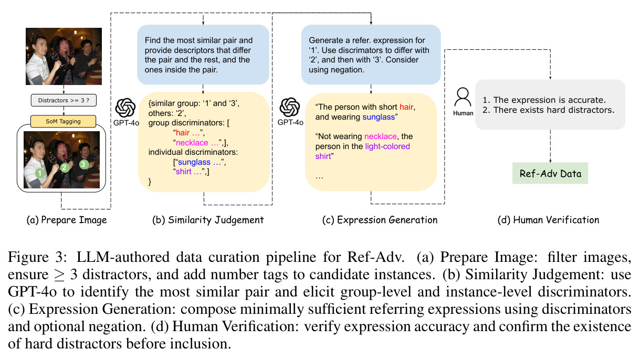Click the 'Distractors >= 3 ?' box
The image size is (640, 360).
(64, 100)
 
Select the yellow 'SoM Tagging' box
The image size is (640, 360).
(63, 121)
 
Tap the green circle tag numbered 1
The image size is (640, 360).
(40, 173)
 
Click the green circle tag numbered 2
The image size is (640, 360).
(65, 167)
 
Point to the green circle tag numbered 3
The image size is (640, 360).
(83, 164)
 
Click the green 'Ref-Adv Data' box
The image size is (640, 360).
(550, 173)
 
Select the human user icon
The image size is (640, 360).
(463, 98)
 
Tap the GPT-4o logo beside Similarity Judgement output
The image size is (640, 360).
(125, 108)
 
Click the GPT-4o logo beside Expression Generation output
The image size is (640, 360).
(290, 108)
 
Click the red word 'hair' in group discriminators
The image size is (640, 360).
(183, 133)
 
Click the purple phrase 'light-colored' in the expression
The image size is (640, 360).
(387, 146)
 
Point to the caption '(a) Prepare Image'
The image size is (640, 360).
(67, 220)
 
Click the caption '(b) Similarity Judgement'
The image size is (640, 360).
(208, 220)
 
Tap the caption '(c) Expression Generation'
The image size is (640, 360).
(380, 220)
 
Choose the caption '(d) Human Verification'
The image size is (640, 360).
(548, 220)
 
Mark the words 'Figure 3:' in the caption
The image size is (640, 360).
(37, 257)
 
